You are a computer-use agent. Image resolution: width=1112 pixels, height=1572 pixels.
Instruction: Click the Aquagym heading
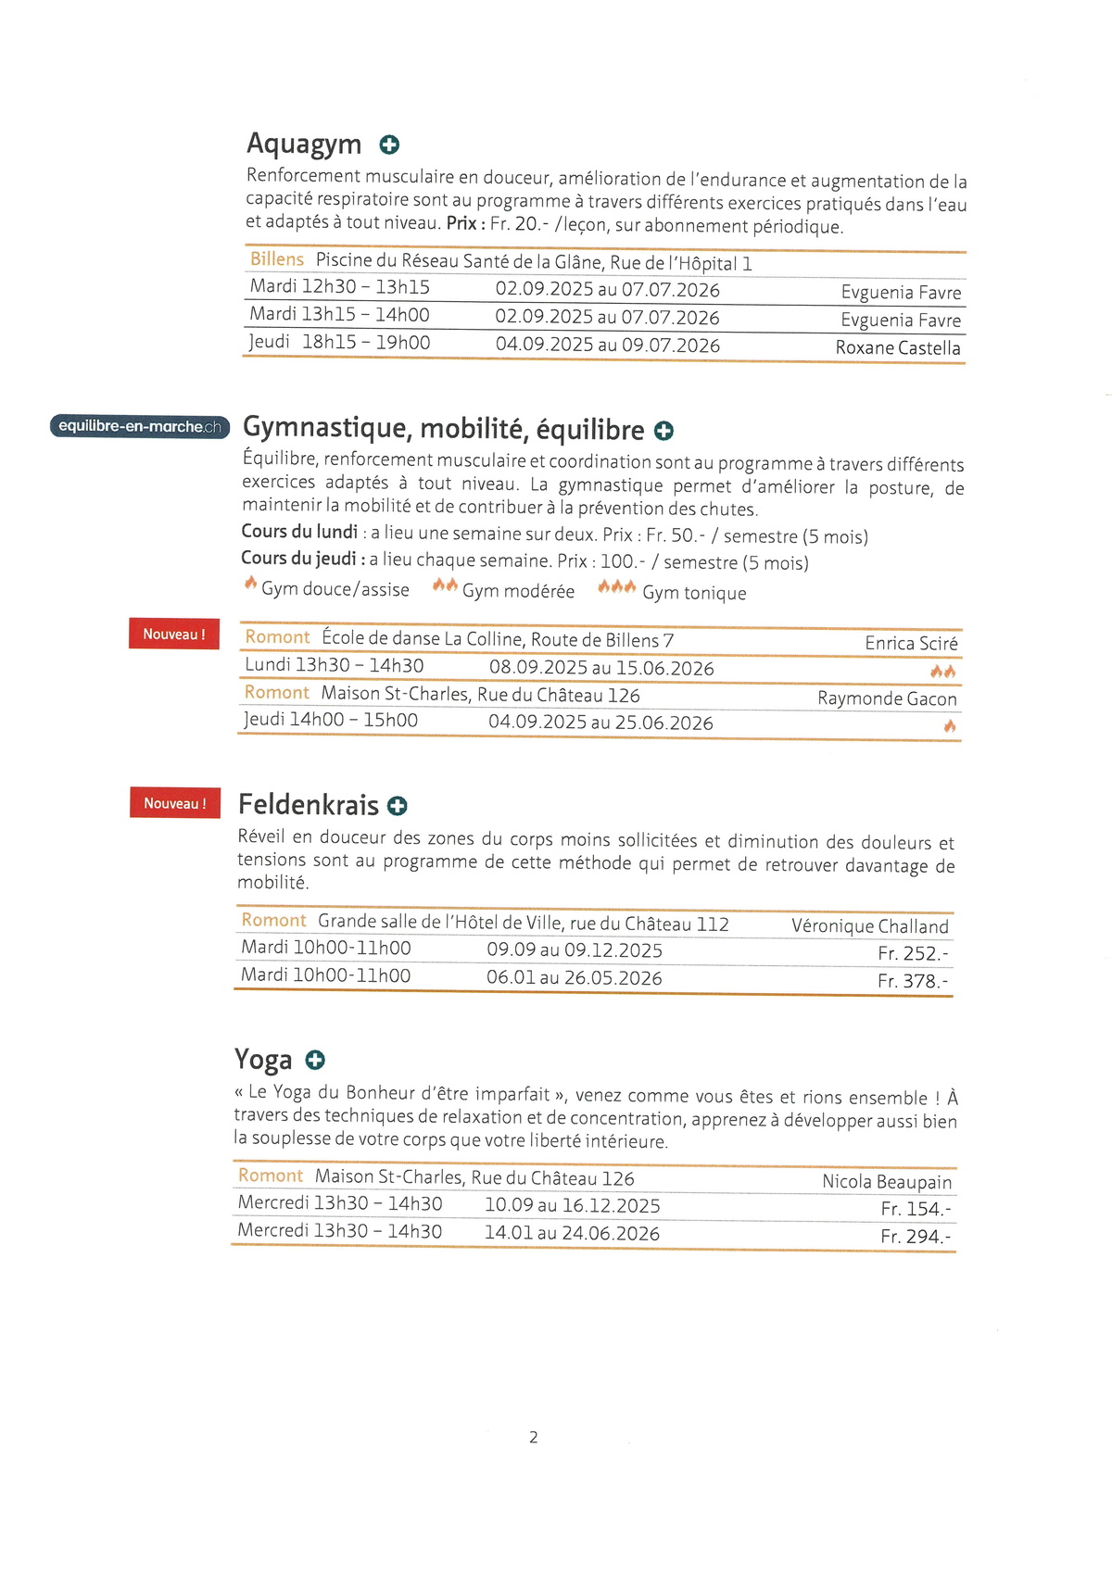click(x=304, y=144)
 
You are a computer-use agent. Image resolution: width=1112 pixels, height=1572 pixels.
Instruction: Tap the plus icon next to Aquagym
click(x=389, y=145)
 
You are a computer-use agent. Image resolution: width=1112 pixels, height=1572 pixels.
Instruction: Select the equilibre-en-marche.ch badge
click(x=140, y=426)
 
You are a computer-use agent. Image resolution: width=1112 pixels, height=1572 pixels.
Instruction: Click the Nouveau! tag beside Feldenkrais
click(x=175, y=803)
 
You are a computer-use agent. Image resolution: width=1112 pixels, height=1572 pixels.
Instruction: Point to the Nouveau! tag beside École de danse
click(x=174, y=635)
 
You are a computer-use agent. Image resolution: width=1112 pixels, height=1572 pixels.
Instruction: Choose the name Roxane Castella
click(x=897, y=348)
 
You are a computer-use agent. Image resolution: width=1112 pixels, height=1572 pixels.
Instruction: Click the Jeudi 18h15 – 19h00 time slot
click(x=339, y=343)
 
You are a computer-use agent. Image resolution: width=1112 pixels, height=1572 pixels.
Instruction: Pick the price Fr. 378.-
click(x=913, y=981)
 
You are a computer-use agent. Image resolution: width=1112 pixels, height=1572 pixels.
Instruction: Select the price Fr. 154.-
click(x=916, y=1209)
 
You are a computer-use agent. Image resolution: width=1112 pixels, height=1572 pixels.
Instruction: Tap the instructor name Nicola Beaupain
click(x=887, y=1182)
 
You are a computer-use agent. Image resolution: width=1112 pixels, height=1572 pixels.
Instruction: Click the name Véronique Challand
click(x=869, y=926)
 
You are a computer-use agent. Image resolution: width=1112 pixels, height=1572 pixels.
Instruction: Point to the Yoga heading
click(x=263, y=1059)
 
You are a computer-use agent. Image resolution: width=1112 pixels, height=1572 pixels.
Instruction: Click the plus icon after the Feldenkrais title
click(x=398, y=806)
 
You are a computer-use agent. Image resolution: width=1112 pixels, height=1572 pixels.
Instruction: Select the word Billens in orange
click(x=276, y=259)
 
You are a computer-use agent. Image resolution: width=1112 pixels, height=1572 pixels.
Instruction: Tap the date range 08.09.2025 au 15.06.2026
click(x=601, y=668)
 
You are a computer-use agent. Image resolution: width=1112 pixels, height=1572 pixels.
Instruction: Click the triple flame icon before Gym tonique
click(x=616, y=587)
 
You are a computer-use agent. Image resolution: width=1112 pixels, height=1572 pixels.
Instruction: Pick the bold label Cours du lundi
click(x=299, y=532)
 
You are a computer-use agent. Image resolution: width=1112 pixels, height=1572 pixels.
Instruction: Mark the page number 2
click(x=534, y=1437)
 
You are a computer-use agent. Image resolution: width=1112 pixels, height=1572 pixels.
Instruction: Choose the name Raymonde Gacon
click(x=887, y=698)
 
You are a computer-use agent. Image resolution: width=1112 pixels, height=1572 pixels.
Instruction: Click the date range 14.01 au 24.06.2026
click(x=572, y=1233)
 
